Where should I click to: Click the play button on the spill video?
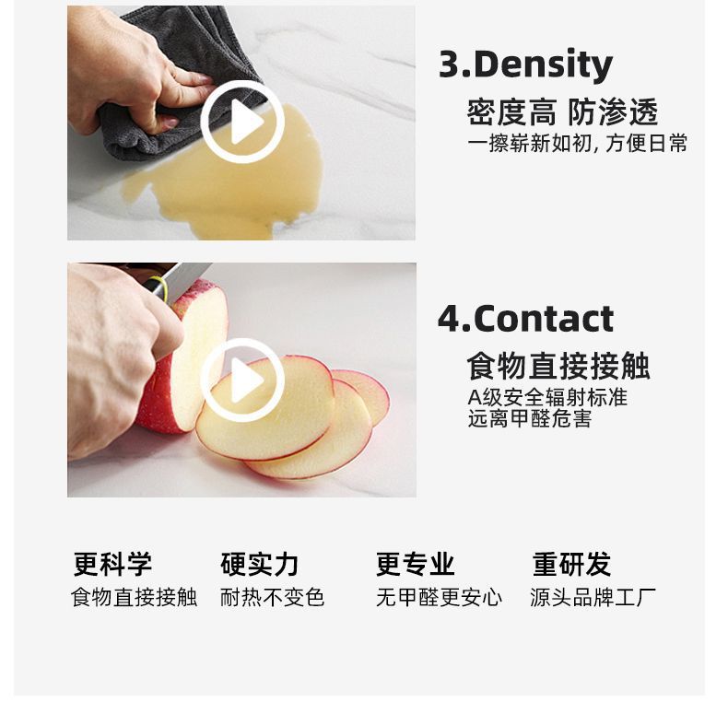[x=242, y=122]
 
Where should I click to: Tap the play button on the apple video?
[x=242, y=380]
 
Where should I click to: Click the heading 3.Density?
[x=525, y=65]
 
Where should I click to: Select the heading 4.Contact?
[x=525, y=319]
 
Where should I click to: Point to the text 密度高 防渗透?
[x=562, y=112]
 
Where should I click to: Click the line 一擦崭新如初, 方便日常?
[x=577, y=143]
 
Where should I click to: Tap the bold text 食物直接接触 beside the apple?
[x=558, y=366]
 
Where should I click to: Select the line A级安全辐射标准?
[x=547, y=397]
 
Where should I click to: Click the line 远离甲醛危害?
[x=530, y=419]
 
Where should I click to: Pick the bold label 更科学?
[x=112, y=564]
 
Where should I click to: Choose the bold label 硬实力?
[x=260, y=564]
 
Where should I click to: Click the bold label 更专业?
[x=415, y=564]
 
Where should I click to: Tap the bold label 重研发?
[x=571, y=564]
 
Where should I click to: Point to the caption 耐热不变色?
[x=272, y=597]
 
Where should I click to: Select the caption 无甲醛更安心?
[x=439, y=597]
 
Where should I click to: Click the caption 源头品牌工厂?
[x=593, y=597]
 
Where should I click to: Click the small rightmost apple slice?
[x=371, y=394]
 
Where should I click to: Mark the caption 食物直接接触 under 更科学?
[x=134, y=597]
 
